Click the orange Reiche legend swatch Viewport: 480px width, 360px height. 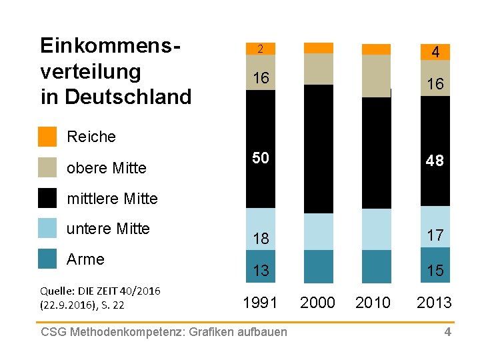click(47, 136)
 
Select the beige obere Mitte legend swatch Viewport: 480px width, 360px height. click(47, 167)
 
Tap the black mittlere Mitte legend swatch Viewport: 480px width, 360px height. click(47, 198)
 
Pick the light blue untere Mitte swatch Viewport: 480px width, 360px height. click(47, 228)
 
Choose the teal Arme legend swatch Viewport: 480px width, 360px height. click(47, 259)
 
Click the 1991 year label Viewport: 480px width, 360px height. click(261, 303)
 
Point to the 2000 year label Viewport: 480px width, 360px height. click(318, 303)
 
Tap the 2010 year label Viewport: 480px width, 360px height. click(373, 303)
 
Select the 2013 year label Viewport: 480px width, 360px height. click(434, 303)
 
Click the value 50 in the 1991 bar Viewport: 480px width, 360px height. click(261, 159)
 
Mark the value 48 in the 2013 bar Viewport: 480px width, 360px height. click(435, 161)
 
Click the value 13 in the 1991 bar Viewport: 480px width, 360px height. click(261, 270)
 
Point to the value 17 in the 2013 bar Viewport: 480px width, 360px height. click(435, 235)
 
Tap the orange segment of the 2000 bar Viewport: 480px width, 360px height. click(318, 48)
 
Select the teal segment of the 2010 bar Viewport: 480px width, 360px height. click(376, 267)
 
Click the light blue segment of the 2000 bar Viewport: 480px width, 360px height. click(318, 231)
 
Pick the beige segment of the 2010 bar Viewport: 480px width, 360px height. click(376, 75)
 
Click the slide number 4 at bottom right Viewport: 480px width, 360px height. click(448, 332)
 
